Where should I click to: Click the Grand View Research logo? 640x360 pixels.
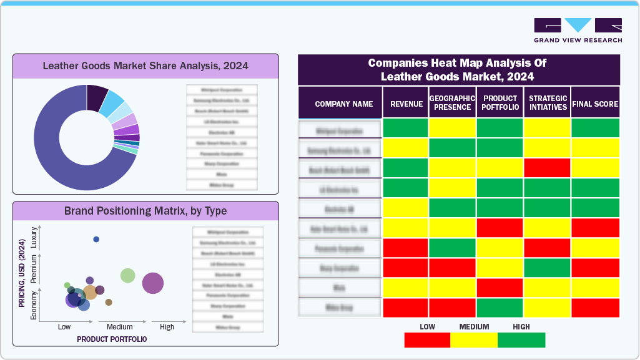(x=578, y=31)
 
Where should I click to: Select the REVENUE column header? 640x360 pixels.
(x=406, y=104)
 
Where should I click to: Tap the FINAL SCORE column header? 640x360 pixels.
(x=595, y=104)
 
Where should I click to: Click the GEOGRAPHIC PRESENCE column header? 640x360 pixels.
(x=452, y=103)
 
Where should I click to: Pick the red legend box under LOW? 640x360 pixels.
(x=427, y=340)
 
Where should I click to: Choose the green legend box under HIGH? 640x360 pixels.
(x=521, y=340)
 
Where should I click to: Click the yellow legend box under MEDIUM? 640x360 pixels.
(x=474, y=340)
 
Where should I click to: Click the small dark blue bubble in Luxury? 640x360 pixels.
(x=96, y=240)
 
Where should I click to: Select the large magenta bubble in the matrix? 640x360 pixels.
(x=153, y=283)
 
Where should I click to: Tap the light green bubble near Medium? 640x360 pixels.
(x=128, y=275)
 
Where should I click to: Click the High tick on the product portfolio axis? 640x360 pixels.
(x=167, y=327)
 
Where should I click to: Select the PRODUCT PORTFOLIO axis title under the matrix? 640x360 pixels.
(x=112, y=339)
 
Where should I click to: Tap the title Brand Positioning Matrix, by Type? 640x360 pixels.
(x=145, y=211)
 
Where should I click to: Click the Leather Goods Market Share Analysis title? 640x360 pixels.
(x=145, y=66)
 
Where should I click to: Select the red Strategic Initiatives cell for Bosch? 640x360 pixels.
(x=547, y=168)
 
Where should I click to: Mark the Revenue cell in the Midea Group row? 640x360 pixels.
(x=406, y=308)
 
